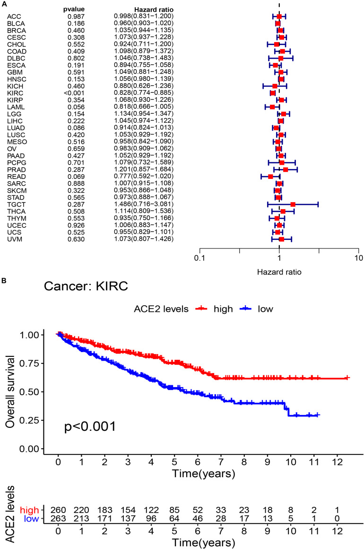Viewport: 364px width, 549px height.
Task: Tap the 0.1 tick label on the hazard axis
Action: click(x=199, y=258)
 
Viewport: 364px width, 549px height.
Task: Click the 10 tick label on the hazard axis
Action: click(x=358, y=258)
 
